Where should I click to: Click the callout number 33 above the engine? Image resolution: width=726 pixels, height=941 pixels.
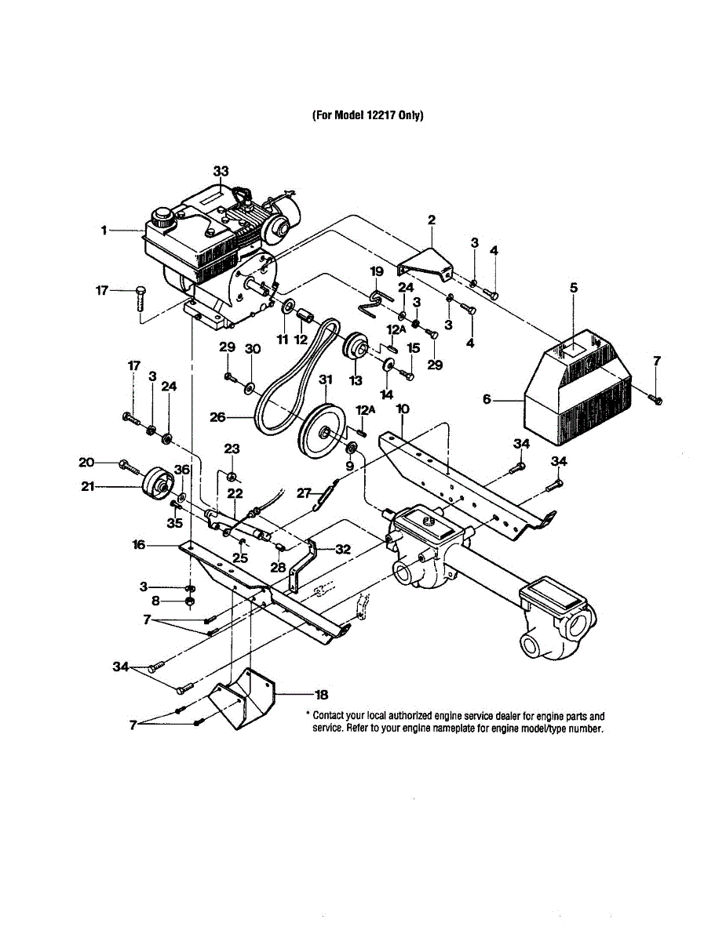pyautogui.click(x=221, y=171)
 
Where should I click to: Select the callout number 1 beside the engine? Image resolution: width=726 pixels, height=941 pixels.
pyautogui.click(x=103, y=231)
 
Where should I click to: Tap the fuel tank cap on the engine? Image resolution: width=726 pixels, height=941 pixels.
pyautogui.click(x=163, y=216)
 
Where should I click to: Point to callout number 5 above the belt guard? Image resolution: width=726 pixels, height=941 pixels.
pyautogui.click(x=573, y=289)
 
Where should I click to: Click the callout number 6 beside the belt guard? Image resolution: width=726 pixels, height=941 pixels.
pyautogui.click(x=487, y=399)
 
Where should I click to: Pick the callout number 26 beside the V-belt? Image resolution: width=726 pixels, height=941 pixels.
pyautogui.click(x=218, y=417)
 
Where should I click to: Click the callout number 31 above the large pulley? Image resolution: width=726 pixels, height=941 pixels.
pyautogui.click(x=325, y=380)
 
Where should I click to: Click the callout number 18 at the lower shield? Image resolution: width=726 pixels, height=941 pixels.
pyautogui.click(x=321, y=694)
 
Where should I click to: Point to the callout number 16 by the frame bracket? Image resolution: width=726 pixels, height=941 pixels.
pyautogui.click(x=139, y=544)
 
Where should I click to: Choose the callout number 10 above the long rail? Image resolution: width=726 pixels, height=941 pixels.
pyautogui.click(x=402, y=409)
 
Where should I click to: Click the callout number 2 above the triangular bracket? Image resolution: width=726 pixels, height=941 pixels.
pyautogui.click(x=431, y=220)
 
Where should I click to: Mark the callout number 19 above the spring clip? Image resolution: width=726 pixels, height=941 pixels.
pyautogui.click(x=376, y=271)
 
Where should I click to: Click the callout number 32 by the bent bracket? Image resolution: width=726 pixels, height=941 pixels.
pyautogui.click(x=343, y=550)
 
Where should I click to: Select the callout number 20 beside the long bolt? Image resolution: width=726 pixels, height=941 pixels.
pyautogui.click(x=86, y=462)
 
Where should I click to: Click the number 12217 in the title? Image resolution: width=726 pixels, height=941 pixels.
pyautogui.click(x=381, y=115)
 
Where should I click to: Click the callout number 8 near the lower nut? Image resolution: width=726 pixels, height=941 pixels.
pyautogui.click(x=155, y=601)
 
